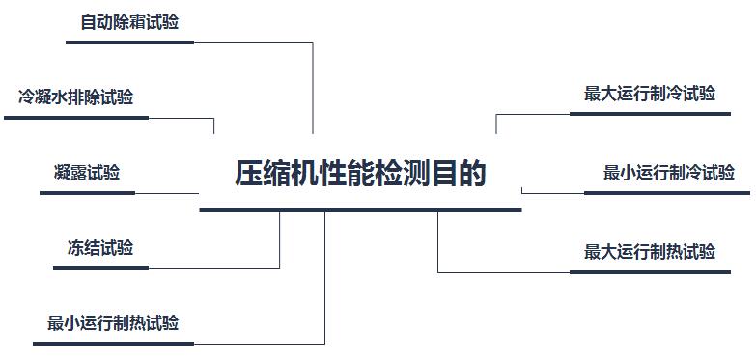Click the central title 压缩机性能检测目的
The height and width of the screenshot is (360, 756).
point(360,174)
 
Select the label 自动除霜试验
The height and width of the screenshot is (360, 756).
point(129,22)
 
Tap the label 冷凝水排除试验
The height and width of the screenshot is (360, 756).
point(75,97)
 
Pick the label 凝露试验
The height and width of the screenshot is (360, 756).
point(87,173)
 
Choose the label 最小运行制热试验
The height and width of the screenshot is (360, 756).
point(113,323)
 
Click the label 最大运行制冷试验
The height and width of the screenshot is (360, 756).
point(650,94)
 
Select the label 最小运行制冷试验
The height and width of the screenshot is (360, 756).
point(669,173)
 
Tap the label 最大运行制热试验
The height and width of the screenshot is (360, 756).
point(650,252)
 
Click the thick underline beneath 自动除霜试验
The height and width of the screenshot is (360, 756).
point(129,42)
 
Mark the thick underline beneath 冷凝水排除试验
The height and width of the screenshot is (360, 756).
point(76,118)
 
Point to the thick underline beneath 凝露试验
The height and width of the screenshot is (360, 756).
point(87,193)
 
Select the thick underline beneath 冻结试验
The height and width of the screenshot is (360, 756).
point(100,268)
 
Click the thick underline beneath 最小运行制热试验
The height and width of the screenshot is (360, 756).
point(113,344)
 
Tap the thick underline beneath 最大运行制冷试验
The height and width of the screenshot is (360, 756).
point(650,114)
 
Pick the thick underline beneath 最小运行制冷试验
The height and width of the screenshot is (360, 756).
point(667,193)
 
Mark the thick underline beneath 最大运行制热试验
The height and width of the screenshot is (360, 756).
point(650,272)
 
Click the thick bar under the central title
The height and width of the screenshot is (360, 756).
point(360,209)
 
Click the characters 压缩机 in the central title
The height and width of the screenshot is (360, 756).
point(278,174)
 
